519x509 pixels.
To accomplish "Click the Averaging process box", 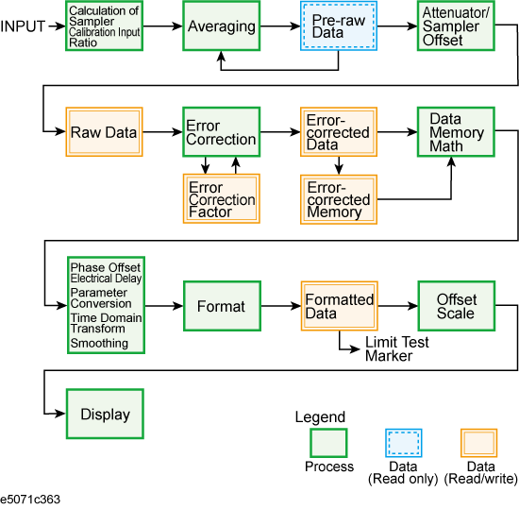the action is click(221, 25).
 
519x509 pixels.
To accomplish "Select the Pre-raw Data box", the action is click(339, 25).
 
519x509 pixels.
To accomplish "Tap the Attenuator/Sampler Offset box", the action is click(456, 25).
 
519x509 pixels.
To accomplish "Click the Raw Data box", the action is click(104, 132).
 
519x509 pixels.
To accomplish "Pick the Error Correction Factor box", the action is click(222, 198).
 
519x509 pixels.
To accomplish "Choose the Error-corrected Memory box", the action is click(339, 199).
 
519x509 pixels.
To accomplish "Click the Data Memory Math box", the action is click(456, 132).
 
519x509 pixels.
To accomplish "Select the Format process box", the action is click(222, 306).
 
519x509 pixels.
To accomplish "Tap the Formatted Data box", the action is click(340, 306).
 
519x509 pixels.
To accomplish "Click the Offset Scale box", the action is click(457, 306).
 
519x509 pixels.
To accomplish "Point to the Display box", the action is click(105, 414).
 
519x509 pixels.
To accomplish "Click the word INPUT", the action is click(23, 26).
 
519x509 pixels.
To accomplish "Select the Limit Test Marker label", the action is click(397, 349).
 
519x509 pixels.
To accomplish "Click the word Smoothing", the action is click(99, 343).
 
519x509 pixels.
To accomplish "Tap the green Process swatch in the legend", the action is click(328, 443).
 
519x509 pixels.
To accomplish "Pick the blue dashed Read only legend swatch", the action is click(404, 443).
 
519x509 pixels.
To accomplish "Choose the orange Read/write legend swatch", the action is click(479, 443).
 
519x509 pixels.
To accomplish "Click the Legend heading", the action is click(320, 417).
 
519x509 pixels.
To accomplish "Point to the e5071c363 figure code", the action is click(30, 500).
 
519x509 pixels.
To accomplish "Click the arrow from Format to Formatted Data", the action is click(281, 306).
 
